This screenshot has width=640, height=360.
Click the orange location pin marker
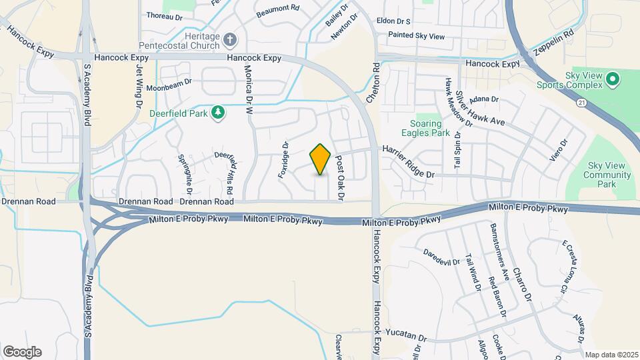321,159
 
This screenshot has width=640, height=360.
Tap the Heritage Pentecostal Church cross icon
231,40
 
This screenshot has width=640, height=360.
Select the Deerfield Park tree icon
217,113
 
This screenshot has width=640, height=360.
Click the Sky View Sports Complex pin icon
613,81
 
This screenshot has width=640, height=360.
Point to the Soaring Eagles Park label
425,129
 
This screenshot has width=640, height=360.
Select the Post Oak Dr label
339,178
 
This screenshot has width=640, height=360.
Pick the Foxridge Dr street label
283,160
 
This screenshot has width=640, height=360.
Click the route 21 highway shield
582,102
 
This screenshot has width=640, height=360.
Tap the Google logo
22,352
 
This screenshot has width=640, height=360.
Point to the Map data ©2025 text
611,355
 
